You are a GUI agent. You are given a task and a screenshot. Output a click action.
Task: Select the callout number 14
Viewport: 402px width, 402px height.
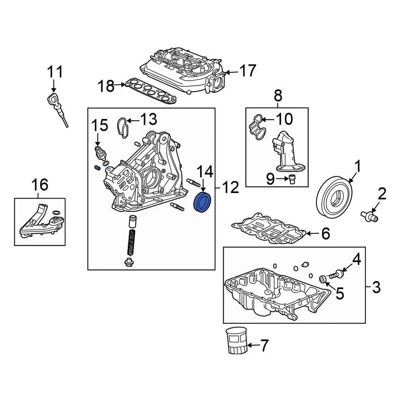(x=205, y=172)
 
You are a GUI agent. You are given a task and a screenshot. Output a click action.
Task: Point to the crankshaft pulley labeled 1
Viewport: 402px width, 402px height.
(x=334, y=197)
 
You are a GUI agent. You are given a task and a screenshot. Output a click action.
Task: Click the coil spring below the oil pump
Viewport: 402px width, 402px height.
(x=130, y=242)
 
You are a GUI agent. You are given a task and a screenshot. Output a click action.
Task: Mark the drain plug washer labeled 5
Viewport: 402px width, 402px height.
(x=323, y=279)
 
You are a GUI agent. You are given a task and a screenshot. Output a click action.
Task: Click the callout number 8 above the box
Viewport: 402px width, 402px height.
(x=278, y=96)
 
